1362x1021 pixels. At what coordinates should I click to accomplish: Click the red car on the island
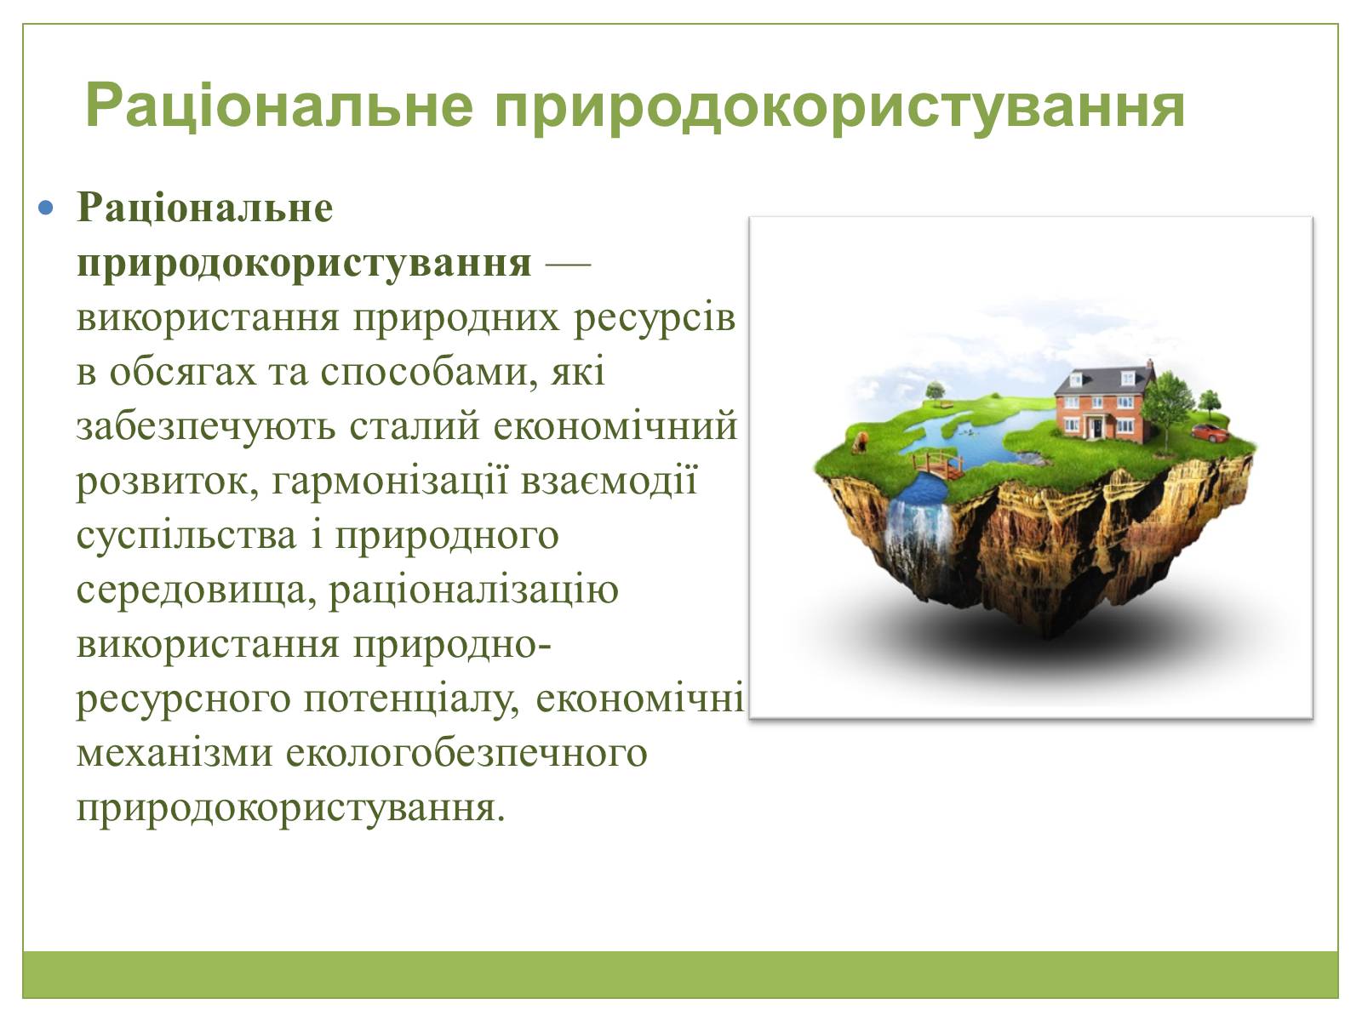tap(1210, 432)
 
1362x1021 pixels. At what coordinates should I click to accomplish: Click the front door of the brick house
tap(1097, 427)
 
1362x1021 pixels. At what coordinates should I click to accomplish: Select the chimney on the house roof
tap(1149, 367)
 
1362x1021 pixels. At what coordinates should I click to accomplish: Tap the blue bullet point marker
tap(45, 207)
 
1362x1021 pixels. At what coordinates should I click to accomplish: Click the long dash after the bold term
tap(568, 265)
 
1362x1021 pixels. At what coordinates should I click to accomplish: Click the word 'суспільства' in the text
tap(186, 537)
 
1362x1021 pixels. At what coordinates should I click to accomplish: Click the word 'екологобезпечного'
tap(466, 755)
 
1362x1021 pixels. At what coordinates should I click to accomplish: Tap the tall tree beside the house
tap(1167, 408)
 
